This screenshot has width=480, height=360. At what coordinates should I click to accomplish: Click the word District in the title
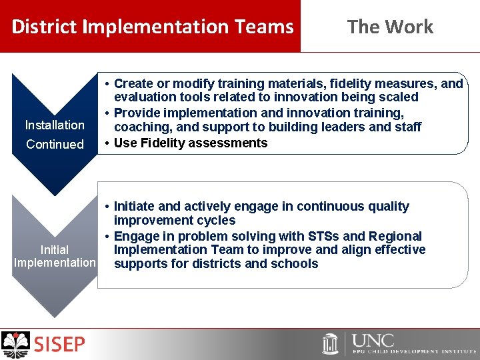pyautogui.click(x=45, y=27)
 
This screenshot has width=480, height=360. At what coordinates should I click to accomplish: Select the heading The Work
pyautogui.click(x=390, y=27)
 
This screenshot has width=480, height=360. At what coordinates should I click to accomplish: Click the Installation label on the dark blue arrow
pyautogui.click(x=55, y=125)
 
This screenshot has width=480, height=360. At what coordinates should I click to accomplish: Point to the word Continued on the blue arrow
pyautogui.click(x=55, y=144)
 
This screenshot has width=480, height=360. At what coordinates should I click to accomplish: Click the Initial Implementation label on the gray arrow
pyautogui.click(x=55, y=256)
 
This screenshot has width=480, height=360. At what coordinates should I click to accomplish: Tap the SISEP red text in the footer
pyautogui.click(x=60, y=345)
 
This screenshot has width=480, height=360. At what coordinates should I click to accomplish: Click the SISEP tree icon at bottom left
pyautogui.click(x=16, y=345)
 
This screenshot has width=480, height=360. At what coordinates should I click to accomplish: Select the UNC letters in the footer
pyautogui.click(x=373, y=341)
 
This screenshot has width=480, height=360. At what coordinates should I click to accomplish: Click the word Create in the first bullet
pyautogui.click(x=132, y=84)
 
